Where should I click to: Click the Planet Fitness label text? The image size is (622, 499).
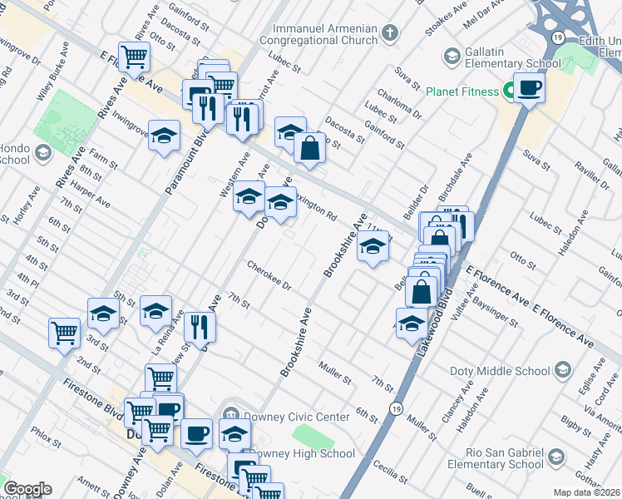pos(461,91)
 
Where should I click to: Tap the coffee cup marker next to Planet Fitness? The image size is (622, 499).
pos(529,87)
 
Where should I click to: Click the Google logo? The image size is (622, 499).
pos(27,489)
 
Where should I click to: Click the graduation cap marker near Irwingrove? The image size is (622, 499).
pos(165,134)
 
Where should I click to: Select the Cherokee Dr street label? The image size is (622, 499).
pos(269,276)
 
